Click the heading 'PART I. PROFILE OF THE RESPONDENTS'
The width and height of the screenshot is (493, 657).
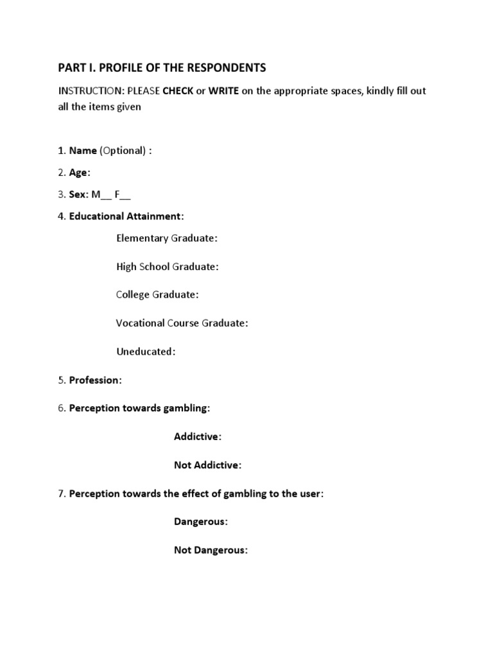coord(162,67)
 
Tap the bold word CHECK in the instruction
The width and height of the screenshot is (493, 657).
coord(178,91)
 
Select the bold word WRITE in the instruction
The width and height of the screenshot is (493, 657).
coord(223,91)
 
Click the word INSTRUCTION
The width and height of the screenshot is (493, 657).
coord(86,91)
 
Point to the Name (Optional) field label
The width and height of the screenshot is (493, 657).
coord(110,150)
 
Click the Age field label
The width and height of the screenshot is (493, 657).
coord(79,172)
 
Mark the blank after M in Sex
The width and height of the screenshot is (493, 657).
coord(107,194)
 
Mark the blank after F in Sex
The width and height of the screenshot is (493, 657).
coord(126,194)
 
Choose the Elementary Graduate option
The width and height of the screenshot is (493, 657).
coord(167,238)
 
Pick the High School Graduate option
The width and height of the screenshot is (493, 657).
coord(167,266)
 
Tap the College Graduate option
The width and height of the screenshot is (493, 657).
coord(157,294)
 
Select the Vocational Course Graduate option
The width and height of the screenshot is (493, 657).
coord(182,323)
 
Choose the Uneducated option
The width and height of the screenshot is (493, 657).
coord(146,351)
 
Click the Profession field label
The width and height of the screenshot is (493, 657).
coord(94,380)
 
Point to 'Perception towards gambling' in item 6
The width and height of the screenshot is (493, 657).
coord(139,407)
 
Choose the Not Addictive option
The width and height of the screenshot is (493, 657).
coord(207,465)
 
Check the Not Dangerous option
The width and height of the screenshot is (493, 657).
coord(211,550)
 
